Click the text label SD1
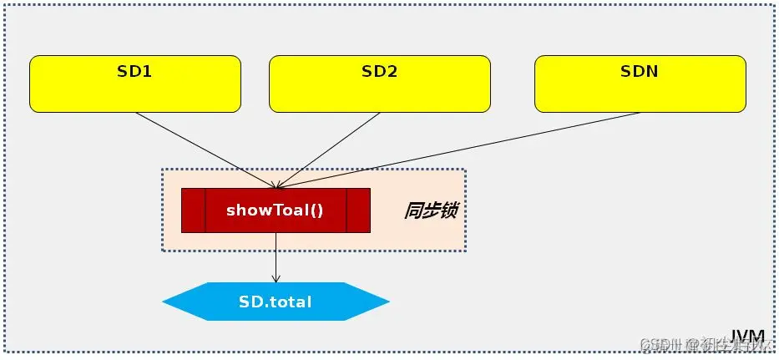[135, 71]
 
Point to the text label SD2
[379, 71]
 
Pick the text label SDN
[640, 71]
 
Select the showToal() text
[275, 210]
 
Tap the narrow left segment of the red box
[193, 210]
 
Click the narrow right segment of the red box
[358, 210]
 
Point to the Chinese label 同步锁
[430, 210]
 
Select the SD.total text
[276, 302]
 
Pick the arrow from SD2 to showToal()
[326, 150]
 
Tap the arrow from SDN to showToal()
[459, 150]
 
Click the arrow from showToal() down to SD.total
[276, 255]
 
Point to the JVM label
[747, 336]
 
